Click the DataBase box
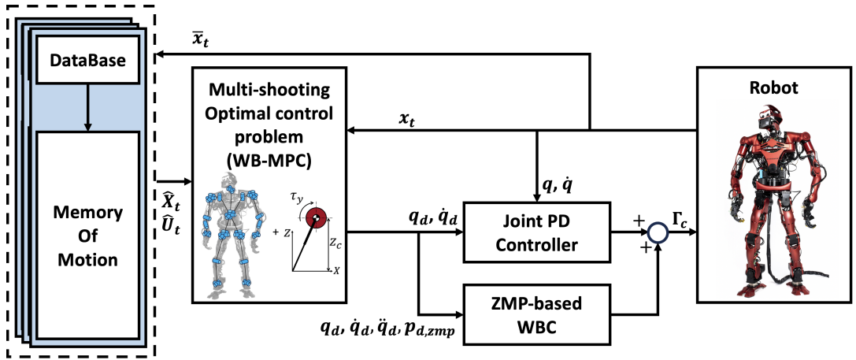tap(88, 61)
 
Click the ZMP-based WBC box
tap(537, 314)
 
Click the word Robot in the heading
tap(774, 87)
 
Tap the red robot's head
tap(768, 121)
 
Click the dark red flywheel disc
tap(317, 218)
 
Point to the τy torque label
tap(298, 192)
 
